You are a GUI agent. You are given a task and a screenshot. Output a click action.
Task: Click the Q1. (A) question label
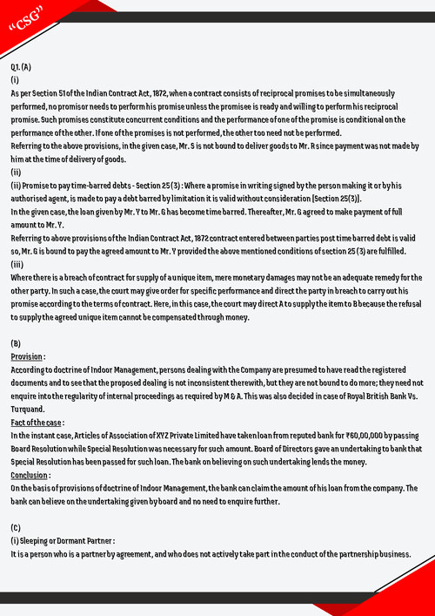pyautogui.click(x=22, y=67)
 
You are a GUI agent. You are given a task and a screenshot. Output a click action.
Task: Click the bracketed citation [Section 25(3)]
pyautogui.click(x=330, y=199)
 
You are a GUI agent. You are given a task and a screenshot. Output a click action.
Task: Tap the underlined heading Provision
pyautogui.click(x=28, y=357)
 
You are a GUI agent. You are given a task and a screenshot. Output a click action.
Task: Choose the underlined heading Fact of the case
pyautogui.click(x=37, y=423)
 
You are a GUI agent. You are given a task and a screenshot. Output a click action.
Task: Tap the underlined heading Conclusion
pyautogui.click(x=30, y=475)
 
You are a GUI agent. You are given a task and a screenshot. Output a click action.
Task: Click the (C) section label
pyautogui.click(x=16, y=528)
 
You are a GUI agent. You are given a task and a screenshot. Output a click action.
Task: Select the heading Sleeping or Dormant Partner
pyautogui.click(x=61, y=541)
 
